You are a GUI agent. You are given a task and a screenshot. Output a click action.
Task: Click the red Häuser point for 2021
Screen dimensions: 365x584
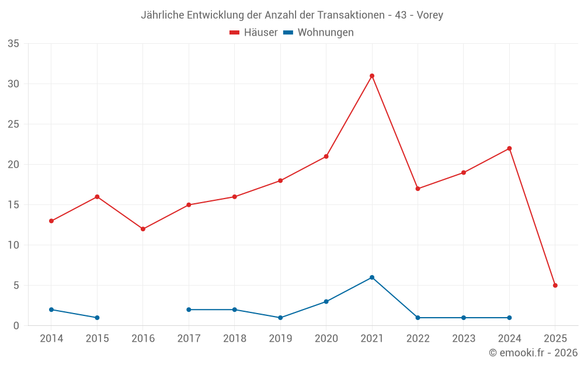tap(372, 76)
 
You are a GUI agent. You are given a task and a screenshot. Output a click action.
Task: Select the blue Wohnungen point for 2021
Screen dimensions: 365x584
tap(372, 277)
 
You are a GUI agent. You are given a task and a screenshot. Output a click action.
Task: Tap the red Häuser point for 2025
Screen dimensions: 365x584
tap(555, 286)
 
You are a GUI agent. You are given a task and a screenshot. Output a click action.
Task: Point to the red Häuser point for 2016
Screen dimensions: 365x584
tap(143, 229)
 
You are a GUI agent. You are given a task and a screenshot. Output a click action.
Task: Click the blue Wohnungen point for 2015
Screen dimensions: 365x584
tap(97, 318)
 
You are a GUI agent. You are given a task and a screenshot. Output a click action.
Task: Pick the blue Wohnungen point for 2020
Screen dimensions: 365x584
tap(326, 301)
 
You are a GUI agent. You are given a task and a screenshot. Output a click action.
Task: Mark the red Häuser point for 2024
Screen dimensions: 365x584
tap(509, 148)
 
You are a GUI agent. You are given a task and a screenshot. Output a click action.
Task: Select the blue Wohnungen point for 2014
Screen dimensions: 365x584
tap(51, 310)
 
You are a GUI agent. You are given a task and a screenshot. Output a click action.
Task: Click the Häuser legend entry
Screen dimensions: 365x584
tap(253, 33)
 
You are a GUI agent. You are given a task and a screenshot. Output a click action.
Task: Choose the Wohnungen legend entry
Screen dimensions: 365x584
tap(318, 33)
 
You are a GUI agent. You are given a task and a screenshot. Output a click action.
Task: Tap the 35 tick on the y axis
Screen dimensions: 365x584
tap(13, 44)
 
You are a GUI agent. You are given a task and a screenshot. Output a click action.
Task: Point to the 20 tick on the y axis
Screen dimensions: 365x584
tap(13, 165)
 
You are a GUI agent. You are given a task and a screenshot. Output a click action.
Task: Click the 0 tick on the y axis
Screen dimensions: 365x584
tap(16, 326)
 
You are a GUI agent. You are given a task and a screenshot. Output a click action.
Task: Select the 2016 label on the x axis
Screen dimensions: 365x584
tap(143, 339)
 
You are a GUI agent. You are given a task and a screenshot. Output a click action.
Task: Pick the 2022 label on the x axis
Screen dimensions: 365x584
tap(418, 339)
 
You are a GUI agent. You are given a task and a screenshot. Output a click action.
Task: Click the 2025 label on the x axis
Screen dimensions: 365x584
tap(555, 339)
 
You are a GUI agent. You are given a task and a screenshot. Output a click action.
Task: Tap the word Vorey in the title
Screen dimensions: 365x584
tap(430, 15)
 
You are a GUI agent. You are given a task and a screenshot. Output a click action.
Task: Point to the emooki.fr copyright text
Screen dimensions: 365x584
tap(533, 353)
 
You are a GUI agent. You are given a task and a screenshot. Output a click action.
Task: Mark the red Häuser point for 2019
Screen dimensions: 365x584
tap(280, 180)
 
